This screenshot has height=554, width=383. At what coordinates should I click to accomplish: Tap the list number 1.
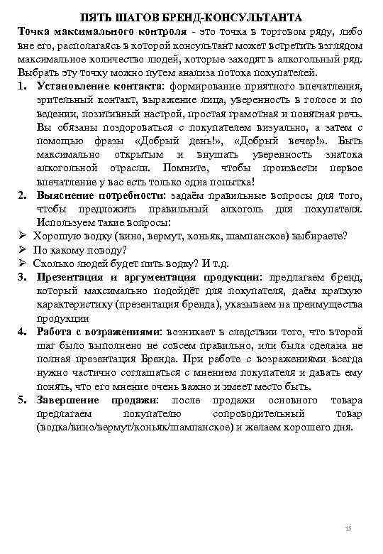pyautogui.click(x=22, y=87)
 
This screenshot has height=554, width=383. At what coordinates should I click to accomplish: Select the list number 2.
pyautogui.click(x=22, y=195)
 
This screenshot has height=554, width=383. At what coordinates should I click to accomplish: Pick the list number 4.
pyautogui.click(x=22, y=331)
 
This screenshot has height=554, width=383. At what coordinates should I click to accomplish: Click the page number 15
pyautogui.click(x=348, y=529)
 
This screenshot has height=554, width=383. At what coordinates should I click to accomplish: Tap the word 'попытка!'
pyautogui.click(x=230, y=182)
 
